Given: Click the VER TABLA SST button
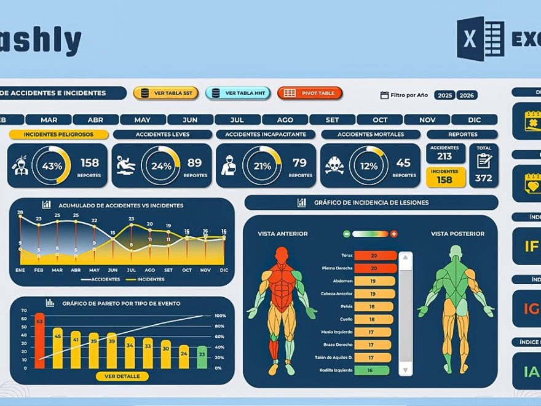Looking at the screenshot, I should [x=165, y=93].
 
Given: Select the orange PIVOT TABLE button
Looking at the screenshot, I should [x=310, y=93].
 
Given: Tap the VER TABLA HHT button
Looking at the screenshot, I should [x=237, y=93].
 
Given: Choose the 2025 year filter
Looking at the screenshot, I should [x=444, y=95].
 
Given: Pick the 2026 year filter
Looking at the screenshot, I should [x=467, y=95].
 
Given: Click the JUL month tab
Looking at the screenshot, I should [x=237, y=119].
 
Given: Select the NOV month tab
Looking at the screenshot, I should [x=427, y=119].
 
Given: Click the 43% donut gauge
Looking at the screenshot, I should [x=52, y=165].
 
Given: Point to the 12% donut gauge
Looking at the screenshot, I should [x=368, y=165].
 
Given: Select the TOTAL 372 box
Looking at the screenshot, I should [x=484, y=165].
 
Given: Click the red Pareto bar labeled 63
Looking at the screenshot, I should [x=39, y=340].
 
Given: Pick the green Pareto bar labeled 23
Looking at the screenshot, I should [x=202, y=356].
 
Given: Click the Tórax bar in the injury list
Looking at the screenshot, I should [x=374, y=255].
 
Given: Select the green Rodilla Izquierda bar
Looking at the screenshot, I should [x=372, y=370].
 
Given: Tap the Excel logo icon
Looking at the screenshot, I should [x=480, y=38].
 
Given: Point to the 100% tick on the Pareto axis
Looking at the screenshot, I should [x=219, y=316].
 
